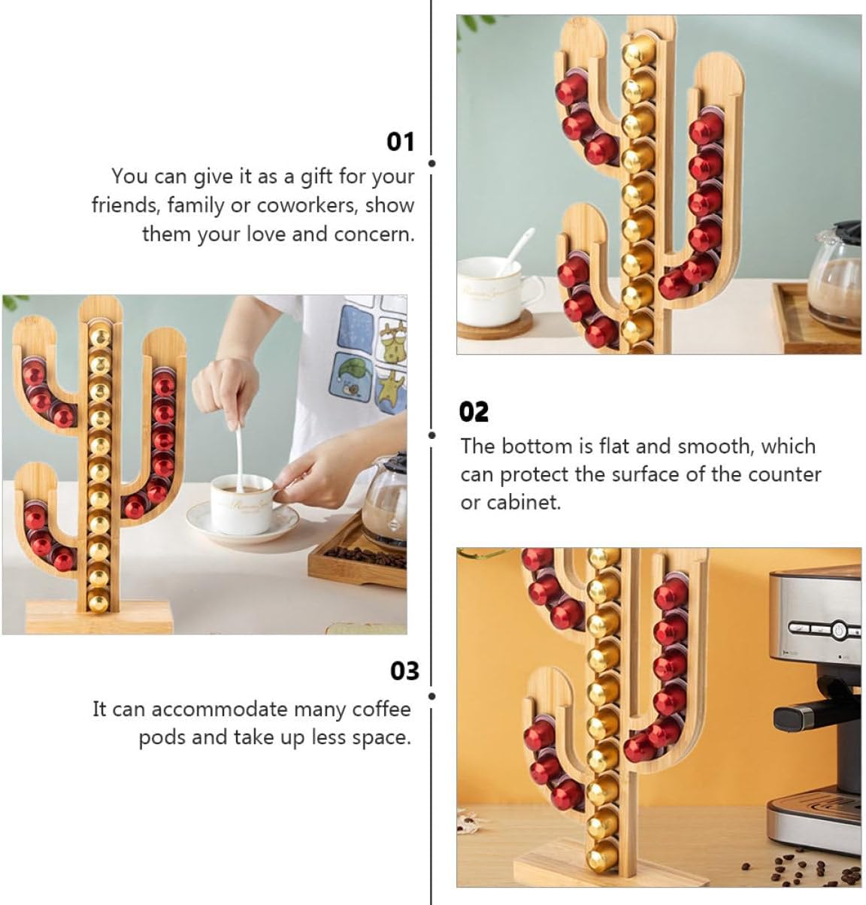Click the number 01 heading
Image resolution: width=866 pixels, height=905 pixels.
401,141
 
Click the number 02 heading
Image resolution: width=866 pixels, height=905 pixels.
474,412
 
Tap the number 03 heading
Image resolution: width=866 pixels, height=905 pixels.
404,670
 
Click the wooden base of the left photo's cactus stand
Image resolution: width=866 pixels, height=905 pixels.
98,617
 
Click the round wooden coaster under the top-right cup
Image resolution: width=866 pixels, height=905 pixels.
495,324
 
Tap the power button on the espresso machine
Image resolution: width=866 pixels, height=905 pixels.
836,628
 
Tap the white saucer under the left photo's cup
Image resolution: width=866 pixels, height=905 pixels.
242,525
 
